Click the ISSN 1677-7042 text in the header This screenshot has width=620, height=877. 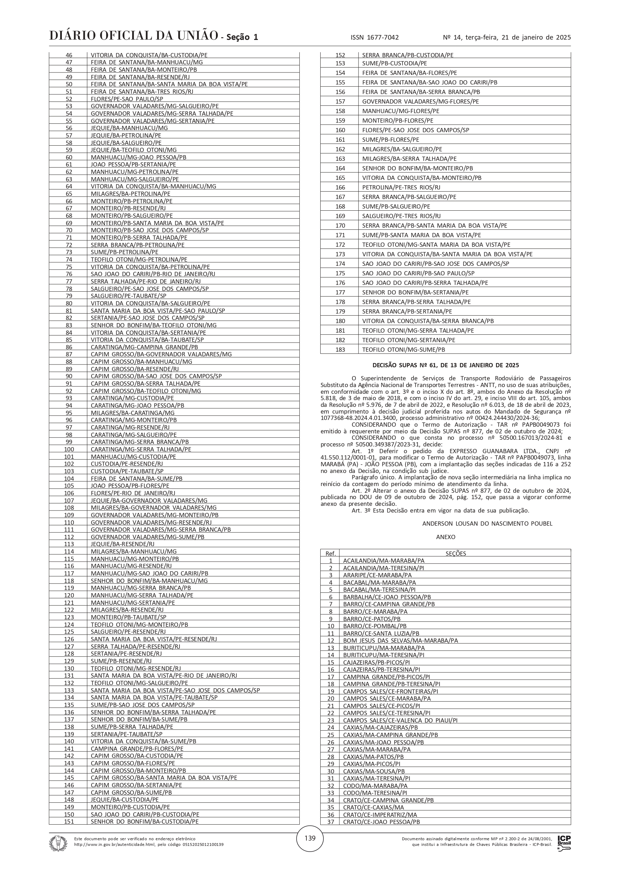(x=374, y=37)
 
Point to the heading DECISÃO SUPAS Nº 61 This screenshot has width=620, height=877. (x=445, y=366)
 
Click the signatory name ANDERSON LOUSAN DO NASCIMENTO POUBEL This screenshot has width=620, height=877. (x=487, y=524)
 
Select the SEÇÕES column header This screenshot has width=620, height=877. (x=455, y=554)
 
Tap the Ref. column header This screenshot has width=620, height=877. (x=330, y=554)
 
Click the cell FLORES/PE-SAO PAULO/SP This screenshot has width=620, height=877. (x=127, y=99)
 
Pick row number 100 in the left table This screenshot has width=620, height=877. (x=69, y=450)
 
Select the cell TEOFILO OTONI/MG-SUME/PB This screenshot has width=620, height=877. (x=403, y=350)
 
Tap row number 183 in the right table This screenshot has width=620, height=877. (x=340, y=350)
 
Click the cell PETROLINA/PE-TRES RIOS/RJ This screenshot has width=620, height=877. (x=401, y=187)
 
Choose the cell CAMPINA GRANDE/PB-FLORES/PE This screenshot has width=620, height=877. (x=137, y=749)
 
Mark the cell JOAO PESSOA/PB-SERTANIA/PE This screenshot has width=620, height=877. (x=133, y=165)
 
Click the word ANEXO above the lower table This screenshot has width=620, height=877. (x=445, y=537)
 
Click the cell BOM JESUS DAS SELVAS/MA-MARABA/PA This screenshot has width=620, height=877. (x=400, y=641)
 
